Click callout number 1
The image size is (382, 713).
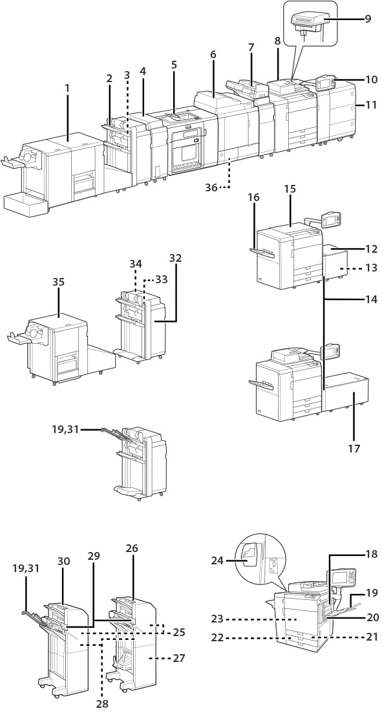pyautogui.click(x=67, y=88)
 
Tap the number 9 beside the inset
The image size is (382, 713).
pyautogui.click(x=367, y=19)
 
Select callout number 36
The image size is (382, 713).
pyautogui.click(x=211, y=187)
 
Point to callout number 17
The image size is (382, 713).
pyautogui.click(x=354, y=449)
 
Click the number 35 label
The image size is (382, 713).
pyautogui.click(x=58, y=282)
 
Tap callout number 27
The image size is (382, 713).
pyautogui.click(x=179, y=657)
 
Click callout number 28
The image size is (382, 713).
pyautogui.click(x=102, y=703)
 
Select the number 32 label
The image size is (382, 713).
pyautogui.click(x=175, y=259)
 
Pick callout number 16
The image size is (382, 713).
pyautogui.click(x=255, y=197)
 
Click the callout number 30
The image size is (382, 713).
pyautogui.click(x=63, y=562)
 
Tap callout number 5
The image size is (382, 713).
pyautogui.click(x=174, y=65)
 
